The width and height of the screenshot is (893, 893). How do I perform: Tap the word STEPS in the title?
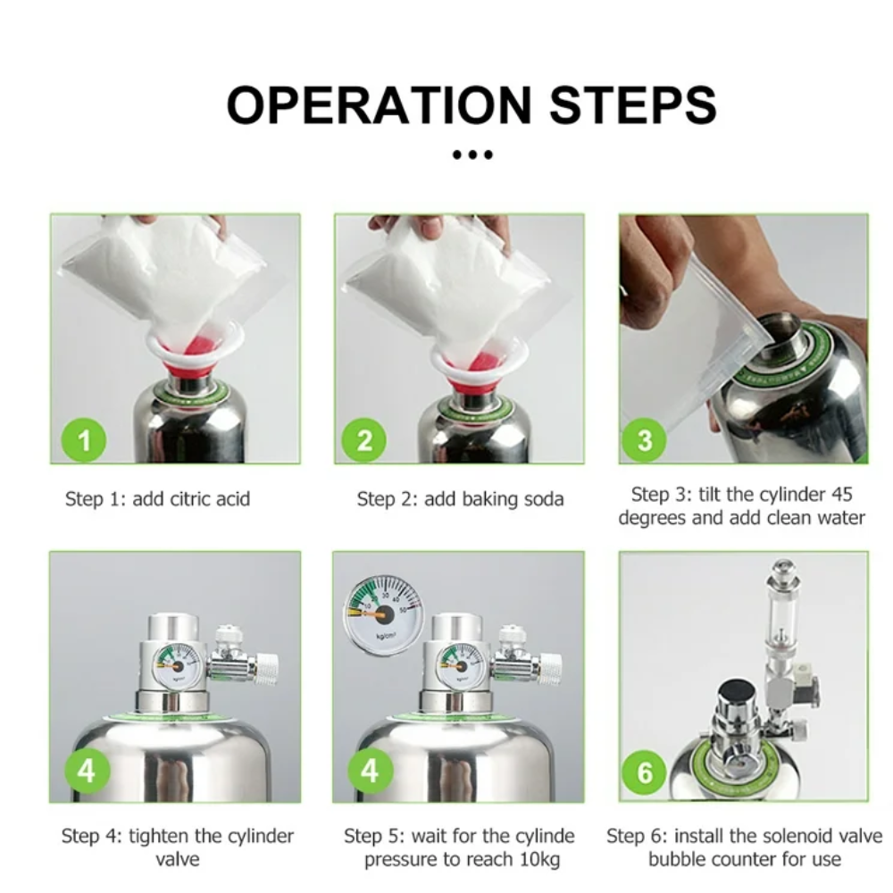(633, 105)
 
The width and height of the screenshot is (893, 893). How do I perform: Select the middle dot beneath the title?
(472, 154)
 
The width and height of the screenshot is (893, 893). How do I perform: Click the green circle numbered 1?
(84, 440)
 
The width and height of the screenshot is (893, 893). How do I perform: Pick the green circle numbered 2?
(364, 440)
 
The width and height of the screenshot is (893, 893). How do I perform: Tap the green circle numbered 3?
(644, 440)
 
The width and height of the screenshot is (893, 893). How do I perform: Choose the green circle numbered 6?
(644, 772)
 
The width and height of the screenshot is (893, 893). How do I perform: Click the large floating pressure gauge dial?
(384, 615)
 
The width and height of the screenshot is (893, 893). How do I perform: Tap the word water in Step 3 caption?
(840, 518)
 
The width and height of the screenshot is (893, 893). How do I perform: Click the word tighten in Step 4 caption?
(159, 836)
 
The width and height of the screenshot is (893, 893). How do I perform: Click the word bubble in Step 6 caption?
(677, 859)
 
